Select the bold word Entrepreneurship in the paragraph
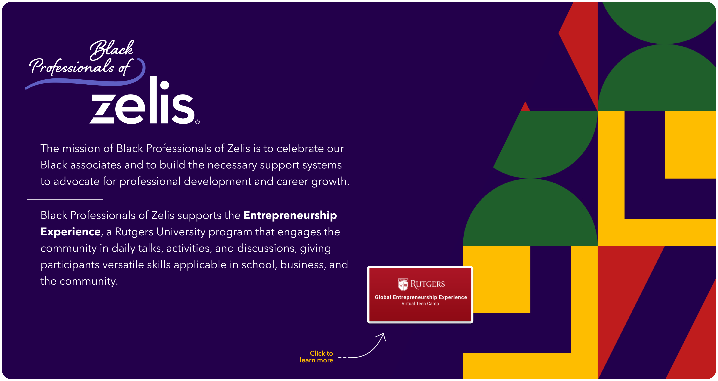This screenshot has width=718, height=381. click(x=290, y=216)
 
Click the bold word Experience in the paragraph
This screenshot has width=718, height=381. click(x=70, y=232)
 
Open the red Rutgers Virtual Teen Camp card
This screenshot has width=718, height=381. click(x=420, y=295)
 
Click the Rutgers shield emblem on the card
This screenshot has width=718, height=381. click(x=403, y=284)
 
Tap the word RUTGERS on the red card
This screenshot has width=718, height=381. click(x=428, y=284)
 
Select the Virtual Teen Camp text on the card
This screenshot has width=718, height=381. click(x=420, y=303)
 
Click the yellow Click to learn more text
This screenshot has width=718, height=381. click(x=316, y=357)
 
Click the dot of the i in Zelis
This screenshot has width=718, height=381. click(x=165, y=85)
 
